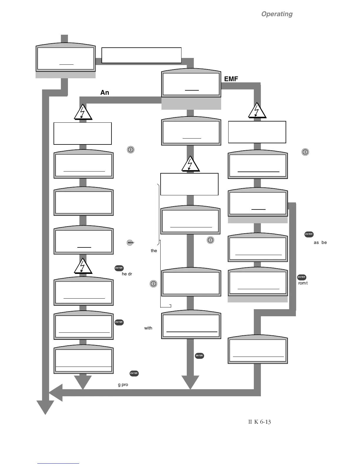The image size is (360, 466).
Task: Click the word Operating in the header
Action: [277, 14]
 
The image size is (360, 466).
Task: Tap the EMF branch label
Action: [231, 79]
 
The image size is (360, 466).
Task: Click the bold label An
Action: [105, 92]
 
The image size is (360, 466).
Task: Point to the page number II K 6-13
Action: [259, 422]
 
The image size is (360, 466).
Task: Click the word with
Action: [148, 328]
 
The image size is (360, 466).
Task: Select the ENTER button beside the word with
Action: [119, 322]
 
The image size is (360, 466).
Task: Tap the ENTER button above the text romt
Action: [301, 277]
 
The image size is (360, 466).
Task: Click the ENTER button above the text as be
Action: [309, 234]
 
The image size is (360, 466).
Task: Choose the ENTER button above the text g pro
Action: [134, 373]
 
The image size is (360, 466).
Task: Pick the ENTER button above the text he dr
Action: [119, 268]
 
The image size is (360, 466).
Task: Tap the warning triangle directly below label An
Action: [83, 113]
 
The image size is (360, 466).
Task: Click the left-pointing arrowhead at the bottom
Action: [56, 393]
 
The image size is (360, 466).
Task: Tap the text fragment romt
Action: [303, 283]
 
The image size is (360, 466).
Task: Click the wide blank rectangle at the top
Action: [141, 55]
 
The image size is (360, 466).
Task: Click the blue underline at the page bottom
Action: [58, 463]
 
